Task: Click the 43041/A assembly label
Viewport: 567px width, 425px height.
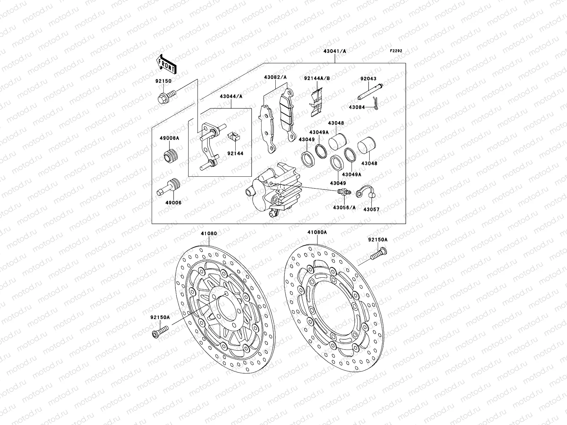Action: click(x=335, y=51)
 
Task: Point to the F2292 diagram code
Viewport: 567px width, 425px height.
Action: click(x=396, y=51)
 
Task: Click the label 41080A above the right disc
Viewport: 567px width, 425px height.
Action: click(x=317, y=232)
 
